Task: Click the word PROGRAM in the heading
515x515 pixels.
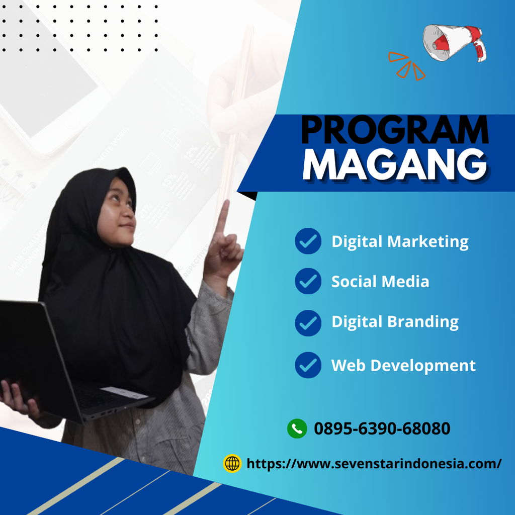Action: [395, 130]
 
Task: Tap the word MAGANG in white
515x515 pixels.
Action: [395, 164]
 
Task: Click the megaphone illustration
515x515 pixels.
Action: [454, 43]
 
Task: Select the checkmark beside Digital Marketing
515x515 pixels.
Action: [308, 241]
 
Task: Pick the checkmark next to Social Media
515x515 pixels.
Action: [308, 281]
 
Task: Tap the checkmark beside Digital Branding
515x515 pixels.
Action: [308, 323]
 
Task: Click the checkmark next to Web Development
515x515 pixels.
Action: [308, 365]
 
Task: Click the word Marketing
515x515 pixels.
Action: [428, 242]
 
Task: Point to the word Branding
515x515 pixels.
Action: [423, 322]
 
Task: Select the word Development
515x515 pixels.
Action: [423, 366]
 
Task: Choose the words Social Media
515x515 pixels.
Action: [380, 282]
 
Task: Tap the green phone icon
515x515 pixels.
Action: [297, 428]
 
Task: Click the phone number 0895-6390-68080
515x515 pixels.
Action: [382, 428]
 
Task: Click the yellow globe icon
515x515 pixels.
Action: [232, 463]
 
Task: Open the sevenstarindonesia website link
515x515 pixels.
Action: [374, 463]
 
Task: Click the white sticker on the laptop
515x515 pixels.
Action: [124, 392]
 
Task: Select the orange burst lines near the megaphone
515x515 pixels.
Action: [406, 65]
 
